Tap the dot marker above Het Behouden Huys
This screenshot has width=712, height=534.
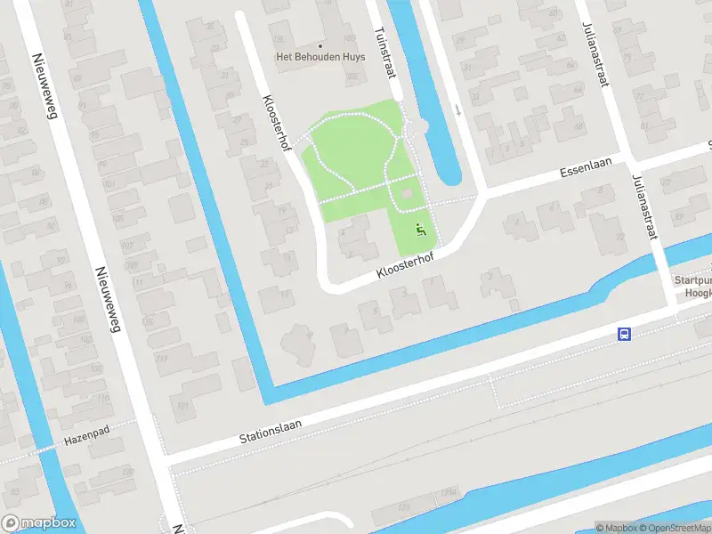point(320,45)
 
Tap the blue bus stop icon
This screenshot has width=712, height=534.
point(625,335)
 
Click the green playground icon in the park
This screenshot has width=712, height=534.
point(421,231)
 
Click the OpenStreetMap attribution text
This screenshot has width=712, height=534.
point(673,528)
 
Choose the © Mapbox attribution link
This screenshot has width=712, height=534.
point(616,528)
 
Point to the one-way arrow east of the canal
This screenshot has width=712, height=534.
point(457,110)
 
